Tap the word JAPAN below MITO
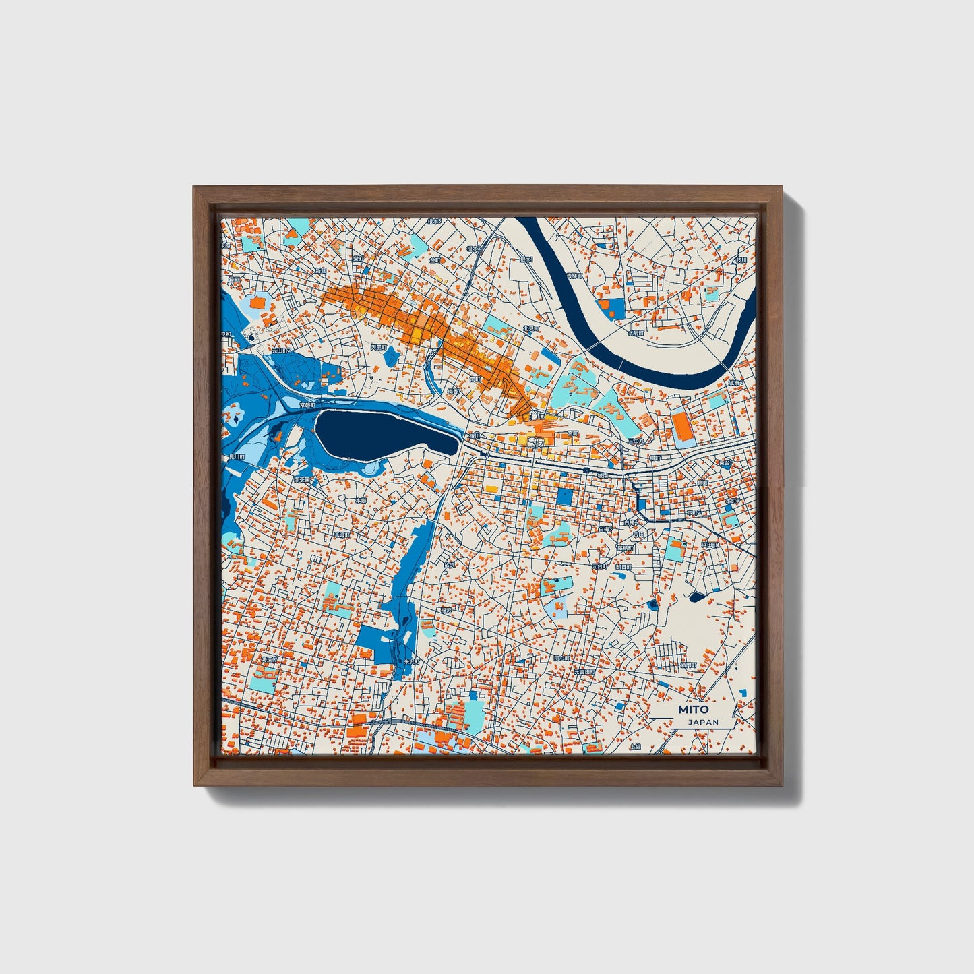[x=703, y=722]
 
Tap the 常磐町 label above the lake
[x=307, y=405]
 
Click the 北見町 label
[x=530, y=329]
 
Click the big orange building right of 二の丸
[x=681, y=427]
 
